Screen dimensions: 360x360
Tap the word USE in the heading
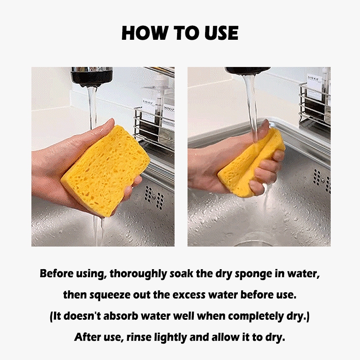coord(221,33)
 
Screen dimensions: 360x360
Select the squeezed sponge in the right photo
coord(252,163)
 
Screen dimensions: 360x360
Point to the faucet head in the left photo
coord(92,76)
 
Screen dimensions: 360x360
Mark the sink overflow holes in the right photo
coord(322,181)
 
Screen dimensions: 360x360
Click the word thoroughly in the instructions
coord(138,274)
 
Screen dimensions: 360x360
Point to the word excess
coord(189,295)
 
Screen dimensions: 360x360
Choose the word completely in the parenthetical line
coord(256,316)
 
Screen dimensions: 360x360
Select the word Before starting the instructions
coord(57,273)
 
